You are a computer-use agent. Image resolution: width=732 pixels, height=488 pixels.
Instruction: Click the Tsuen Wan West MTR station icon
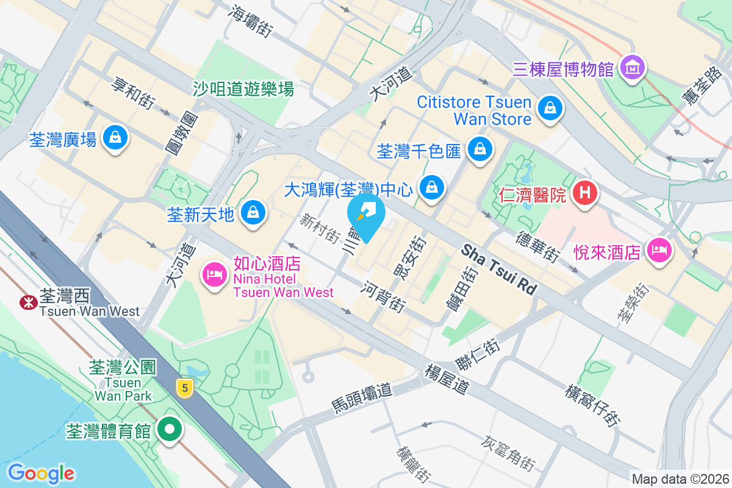click(x=27, y=302)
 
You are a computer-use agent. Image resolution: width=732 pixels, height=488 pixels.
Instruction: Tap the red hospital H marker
click(x=584, y=194)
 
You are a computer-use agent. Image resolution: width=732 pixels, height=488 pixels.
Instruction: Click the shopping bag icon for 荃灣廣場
click(x=115, y=137)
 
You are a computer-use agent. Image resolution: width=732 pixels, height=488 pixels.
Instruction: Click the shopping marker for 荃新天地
click(x=253, y=213)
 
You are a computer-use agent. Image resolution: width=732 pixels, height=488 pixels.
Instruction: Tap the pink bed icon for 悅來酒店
click(x=659, y=250)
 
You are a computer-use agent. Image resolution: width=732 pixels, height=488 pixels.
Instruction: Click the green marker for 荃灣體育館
click(x=170, y=429)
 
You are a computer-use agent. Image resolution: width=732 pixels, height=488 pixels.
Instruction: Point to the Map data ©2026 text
click(x=680, y=479)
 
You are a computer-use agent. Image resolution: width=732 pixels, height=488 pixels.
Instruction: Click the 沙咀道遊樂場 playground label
click(x=243, y=89)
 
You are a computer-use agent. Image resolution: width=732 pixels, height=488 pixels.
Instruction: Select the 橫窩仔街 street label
click(x=594, y=405)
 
